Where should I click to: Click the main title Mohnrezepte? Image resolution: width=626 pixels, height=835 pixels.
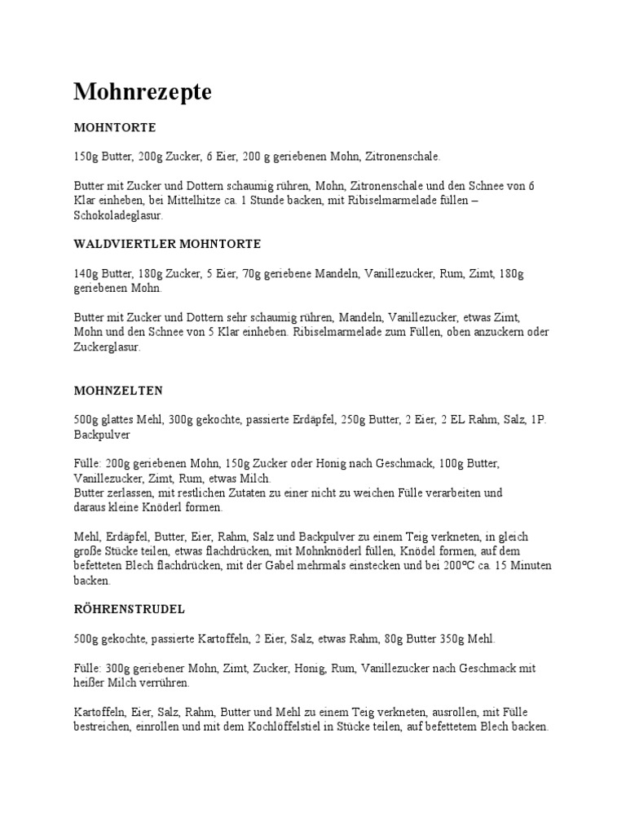143,93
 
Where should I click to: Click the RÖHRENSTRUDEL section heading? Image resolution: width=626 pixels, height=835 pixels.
129,609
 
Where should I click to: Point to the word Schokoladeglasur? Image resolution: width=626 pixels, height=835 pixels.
118,217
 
